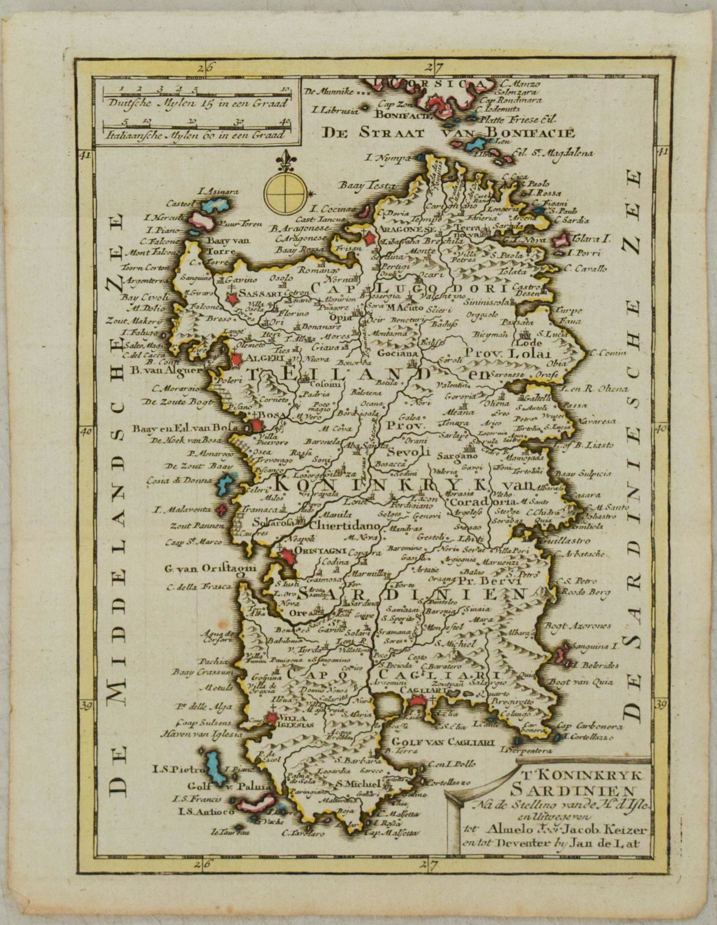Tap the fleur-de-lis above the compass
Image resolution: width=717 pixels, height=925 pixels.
283,162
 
